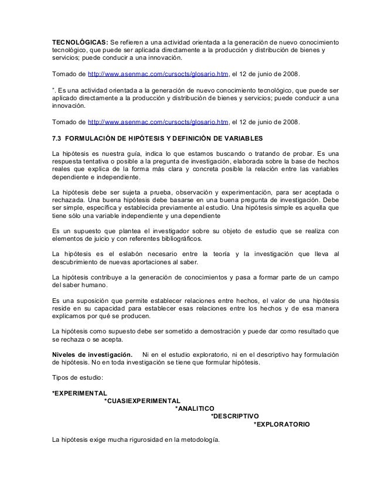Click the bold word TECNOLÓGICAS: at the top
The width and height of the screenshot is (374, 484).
(x=79, y=44)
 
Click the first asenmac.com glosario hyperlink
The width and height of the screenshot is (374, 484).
(x=157, y=75)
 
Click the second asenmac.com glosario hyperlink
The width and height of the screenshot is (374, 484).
(x=157, y=121)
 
